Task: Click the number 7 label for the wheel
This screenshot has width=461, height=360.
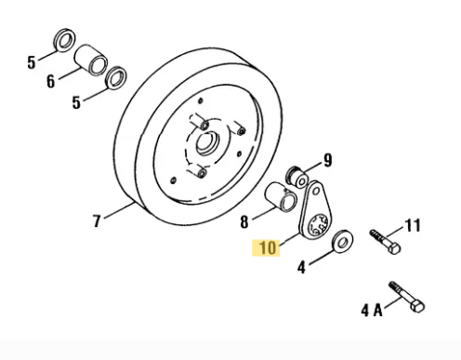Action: coord(96,221)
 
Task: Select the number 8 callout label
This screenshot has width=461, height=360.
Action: coord(244,222)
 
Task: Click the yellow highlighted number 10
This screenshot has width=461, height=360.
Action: coord(268,248)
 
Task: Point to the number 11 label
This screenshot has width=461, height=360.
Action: coord(413,224)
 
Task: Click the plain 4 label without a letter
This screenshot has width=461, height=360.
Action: coord(300,268)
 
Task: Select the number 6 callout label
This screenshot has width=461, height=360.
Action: coord(51,81)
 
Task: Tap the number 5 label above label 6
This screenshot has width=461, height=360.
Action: coord(32,63)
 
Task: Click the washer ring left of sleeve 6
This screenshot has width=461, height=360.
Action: coord(64,40)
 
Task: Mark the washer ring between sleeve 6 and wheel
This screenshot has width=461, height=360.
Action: coord(116,74)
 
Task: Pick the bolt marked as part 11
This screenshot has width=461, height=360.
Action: coord(384,237)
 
